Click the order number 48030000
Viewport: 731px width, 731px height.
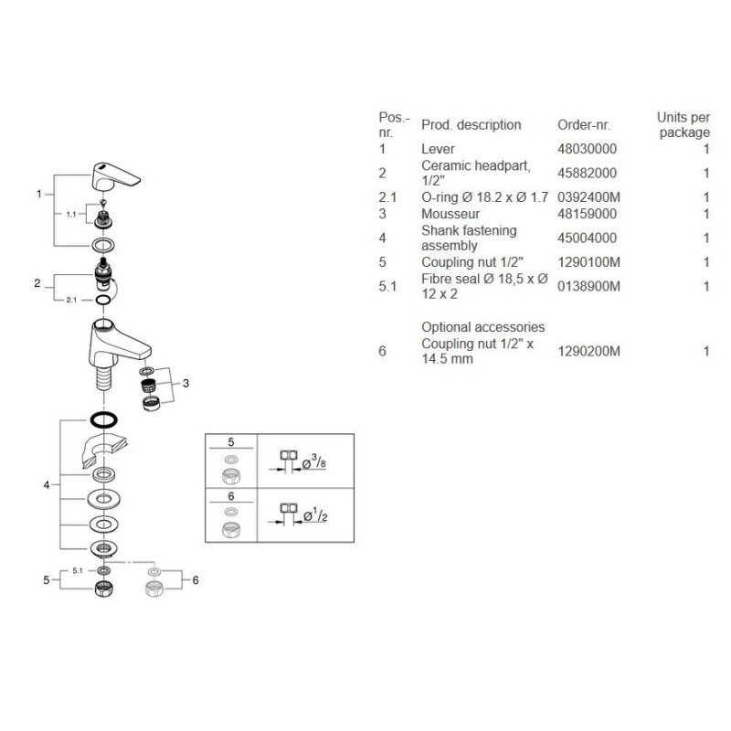point(587,149)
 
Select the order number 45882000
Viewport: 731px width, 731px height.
point(587,173)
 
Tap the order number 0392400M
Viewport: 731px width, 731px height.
point(588,197)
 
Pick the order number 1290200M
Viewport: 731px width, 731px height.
point(588,351)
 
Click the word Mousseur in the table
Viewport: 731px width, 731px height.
point(450,214)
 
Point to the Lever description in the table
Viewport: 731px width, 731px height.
point(438,149)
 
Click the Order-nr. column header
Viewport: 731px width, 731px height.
point(584,125)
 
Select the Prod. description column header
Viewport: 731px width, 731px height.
point(471,125)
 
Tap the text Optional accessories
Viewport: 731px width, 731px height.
point(483,327)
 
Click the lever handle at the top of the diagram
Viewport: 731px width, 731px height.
point(116,176)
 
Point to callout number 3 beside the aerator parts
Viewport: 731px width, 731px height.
point(185,383)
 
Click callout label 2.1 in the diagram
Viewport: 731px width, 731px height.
point(71,300)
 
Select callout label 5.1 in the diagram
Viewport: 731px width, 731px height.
point(78,570)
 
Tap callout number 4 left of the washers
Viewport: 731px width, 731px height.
point(47,485)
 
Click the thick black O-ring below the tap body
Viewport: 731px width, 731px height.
point(103,420)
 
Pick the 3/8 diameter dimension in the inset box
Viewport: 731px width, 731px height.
point(314,462)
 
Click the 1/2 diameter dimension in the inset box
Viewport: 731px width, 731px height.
point(315,515)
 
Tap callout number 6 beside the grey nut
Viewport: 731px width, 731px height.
point(196,580)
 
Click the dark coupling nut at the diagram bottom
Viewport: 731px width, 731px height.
point(103,589)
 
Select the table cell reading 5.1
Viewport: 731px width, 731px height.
point(387,286)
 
